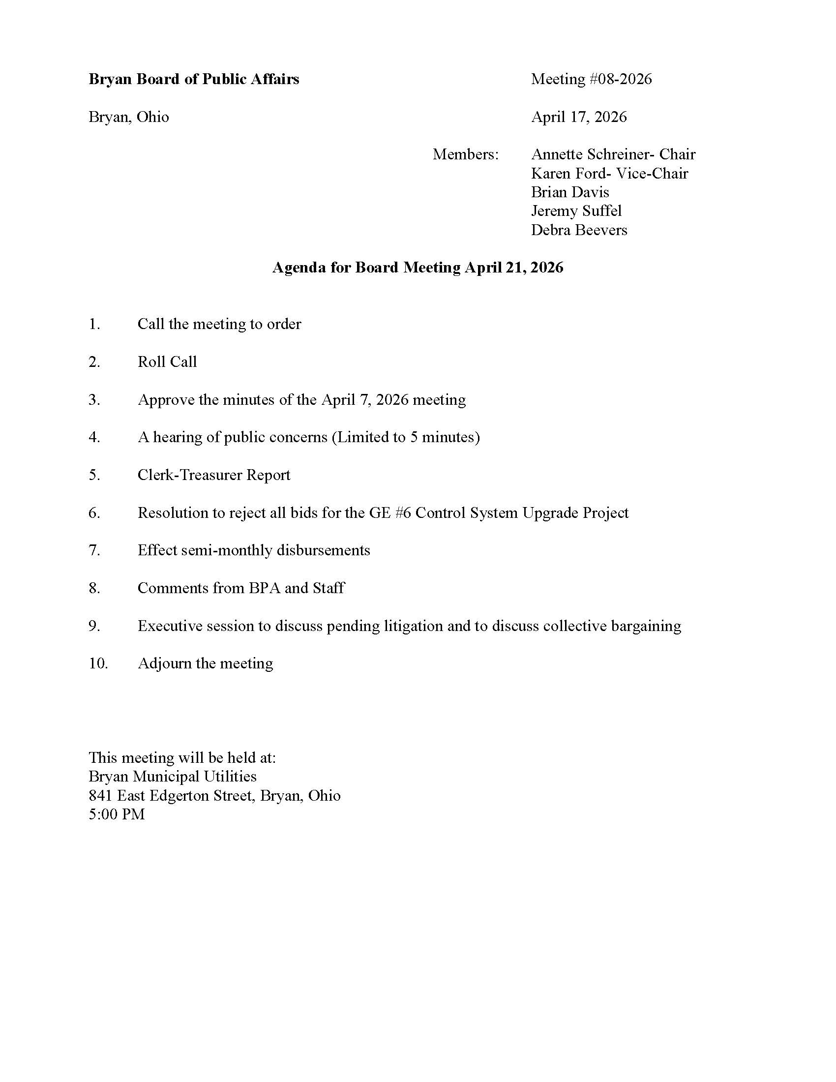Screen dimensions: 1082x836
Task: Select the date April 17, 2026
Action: (578, 117)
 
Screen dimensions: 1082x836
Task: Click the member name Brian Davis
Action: (569, 192)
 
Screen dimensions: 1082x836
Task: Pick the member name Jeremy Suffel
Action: (576, 211)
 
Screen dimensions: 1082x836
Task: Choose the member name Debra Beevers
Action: (578, 230)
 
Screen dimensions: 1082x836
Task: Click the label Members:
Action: (466, 154)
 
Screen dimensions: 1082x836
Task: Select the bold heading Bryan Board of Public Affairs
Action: (194, 79)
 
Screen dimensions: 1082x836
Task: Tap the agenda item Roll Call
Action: (167, 361)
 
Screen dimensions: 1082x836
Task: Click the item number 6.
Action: (94, 513)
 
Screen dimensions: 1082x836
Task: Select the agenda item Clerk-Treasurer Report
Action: (213, 475)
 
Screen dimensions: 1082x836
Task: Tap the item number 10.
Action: (98, 663)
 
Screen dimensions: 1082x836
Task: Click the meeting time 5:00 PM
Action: (117, 814)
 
